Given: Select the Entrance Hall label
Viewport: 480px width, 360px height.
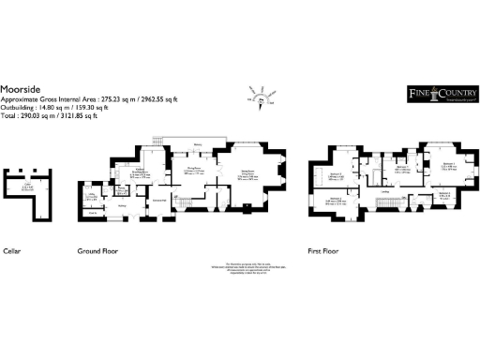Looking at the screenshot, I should (159, 201).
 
